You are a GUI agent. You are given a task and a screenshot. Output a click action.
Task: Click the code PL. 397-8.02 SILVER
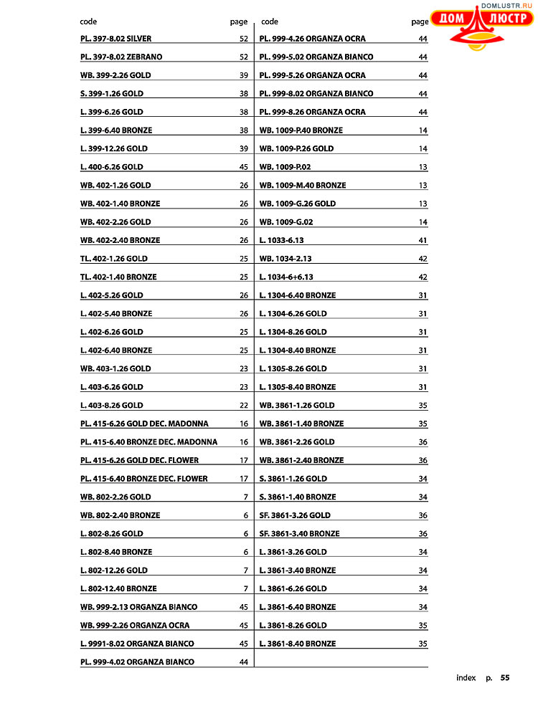click(x=115, y=39)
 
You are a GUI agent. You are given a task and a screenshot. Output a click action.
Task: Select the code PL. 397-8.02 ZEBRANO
click(x=121, y=57)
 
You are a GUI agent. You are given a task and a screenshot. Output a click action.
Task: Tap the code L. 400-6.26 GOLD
click(x=111, y=167)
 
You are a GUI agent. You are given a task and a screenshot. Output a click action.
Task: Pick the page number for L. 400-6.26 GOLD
click(x=244, y=167)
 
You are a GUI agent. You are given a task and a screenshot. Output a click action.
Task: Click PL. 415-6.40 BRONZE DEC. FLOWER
click(x=143, y=479)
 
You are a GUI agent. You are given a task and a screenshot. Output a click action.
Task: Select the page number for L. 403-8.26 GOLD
click(x=244, y=406)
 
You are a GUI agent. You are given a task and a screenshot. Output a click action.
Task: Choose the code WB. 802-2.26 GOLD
click(x=115, y=497)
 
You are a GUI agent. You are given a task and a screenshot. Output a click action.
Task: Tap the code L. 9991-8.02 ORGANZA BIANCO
click(x=137, y=644)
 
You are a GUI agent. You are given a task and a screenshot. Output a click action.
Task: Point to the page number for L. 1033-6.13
click(x=423, y=240)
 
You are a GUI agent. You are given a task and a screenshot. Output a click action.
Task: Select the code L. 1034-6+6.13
click(x=286, y=277)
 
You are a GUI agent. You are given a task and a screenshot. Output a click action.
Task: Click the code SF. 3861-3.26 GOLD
click(x=295, y=515)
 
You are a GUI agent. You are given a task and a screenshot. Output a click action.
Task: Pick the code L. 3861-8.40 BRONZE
click(x=297, y=644)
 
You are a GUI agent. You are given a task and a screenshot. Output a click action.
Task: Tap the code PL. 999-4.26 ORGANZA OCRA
click(x=312, y=39)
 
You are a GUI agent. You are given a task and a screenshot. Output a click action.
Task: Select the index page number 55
click(x=505, y=677)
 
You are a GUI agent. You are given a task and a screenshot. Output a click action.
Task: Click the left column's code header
click(x=88, y=22)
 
